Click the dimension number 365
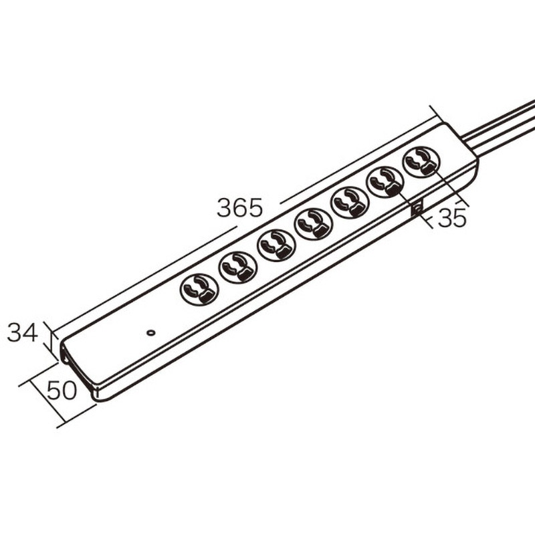tap(240, 207)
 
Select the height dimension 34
tap(23, 332)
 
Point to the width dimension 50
tap(62, 391)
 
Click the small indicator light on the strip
tap(150, 332)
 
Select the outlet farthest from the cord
tap(199, 290)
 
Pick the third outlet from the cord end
tap(349, 203)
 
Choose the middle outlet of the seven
tap(313, 225)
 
